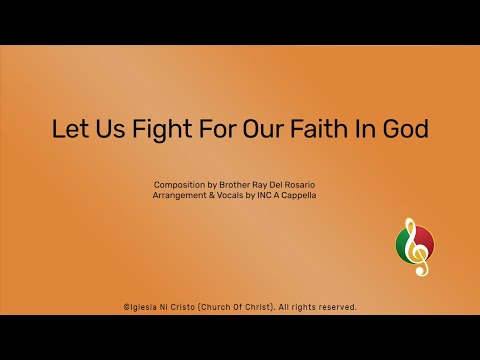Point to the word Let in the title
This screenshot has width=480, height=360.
[x=69, y=130]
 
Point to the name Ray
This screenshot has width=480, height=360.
[x=267, y=186]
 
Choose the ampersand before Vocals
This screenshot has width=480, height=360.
[x=216, y=198]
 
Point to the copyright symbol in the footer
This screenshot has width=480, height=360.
[x=126, y=307]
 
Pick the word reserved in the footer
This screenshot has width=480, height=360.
[x=335, y=307]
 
